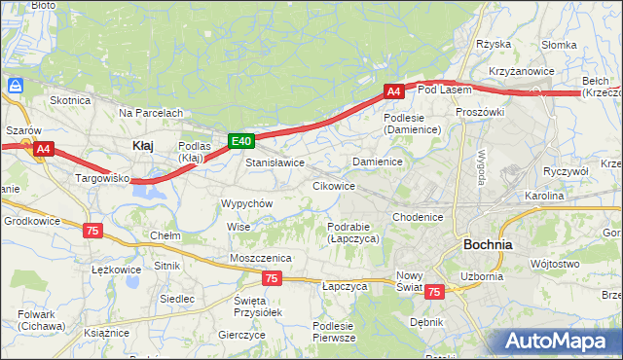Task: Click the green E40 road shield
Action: point(242,141)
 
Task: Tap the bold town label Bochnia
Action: point(489,245)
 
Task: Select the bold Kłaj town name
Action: point(142,145)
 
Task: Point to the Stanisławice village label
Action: point(275,162)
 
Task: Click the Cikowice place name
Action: point(333,185)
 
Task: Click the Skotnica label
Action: point(70,100)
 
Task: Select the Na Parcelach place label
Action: point(151,113)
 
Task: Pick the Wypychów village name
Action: point(246,204)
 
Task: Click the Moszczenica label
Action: point(261,257)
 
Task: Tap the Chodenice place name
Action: point(420,217)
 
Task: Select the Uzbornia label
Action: point(482,276)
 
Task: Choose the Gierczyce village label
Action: point(242,334)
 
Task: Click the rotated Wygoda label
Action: point(480,173)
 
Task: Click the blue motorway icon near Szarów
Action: point(15,87)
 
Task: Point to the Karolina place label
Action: point(544,196)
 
